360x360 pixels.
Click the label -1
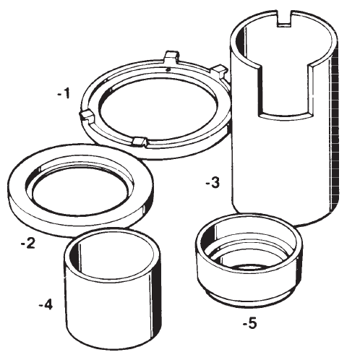64,93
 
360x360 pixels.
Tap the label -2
28,244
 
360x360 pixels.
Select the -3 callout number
213,182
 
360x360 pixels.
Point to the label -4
46,305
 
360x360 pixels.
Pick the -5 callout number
249,323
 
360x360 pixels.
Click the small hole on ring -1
168,69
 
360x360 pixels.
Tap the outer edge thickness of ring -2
80,223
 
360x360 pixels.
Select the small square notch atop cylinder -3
285,19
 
